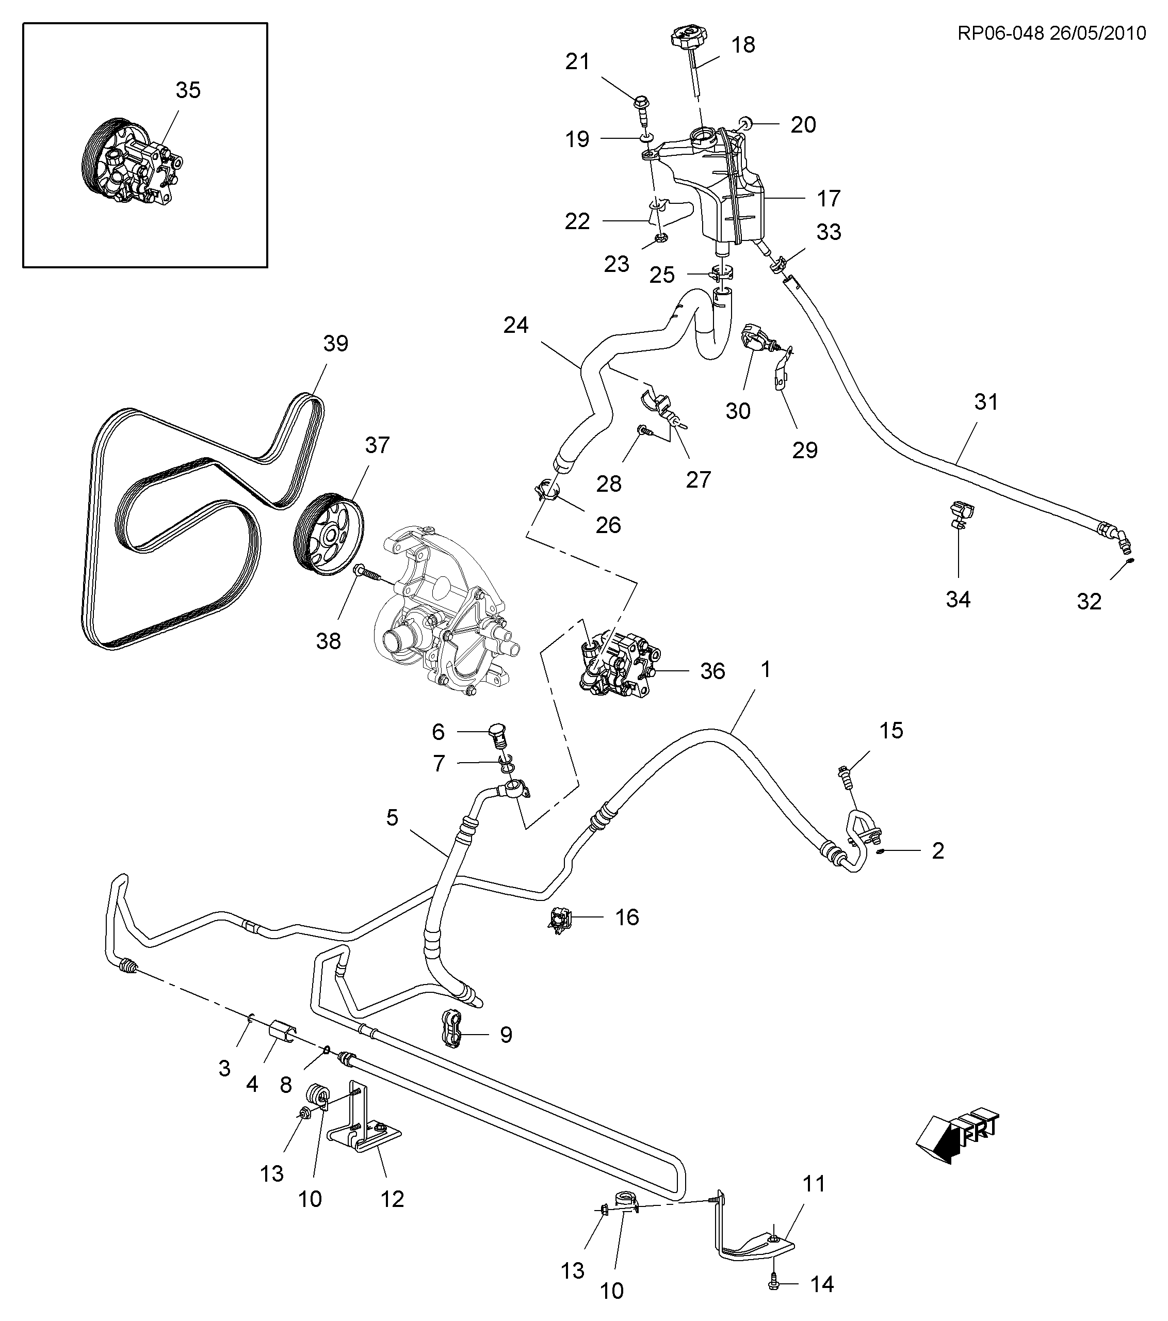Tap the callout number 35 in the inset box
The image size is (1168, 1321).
click(x=188, y=90)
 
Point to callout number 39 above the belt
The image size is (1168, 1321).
click(x=335, y=343)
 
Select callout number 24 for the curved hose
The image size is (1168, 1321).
click(x=516, y=325)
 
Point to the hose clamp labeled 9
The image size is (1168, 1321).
click(x=453, y=1035)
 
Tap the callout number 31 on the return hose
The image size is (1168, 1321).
click(x=986, y=401)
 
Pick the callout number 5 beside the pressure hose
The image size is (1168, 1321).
click(x=392, y=817)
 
